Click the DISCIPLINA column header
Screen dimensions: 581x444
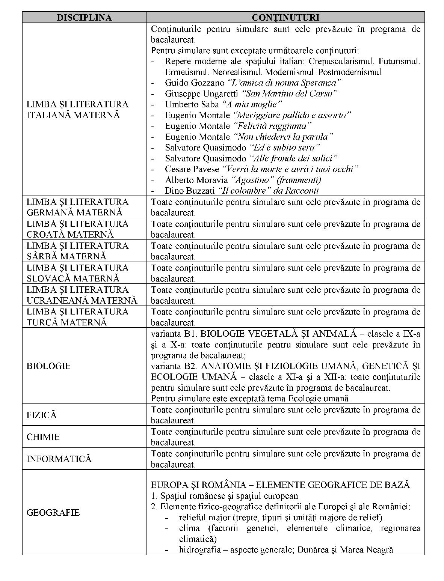point(84,18)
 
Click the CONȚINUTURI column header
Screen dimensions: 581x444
point(285,18)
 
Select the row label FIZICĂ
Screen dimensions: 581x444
point(41,415)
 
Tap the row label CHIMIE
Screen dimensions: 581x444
point(43,437)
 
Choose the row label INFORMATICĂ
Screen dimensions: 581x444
point(59,459)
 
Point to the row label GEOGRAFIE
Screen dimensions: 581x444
point(53,513)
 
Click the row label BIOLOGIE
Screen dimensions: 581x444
point(48,366)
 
